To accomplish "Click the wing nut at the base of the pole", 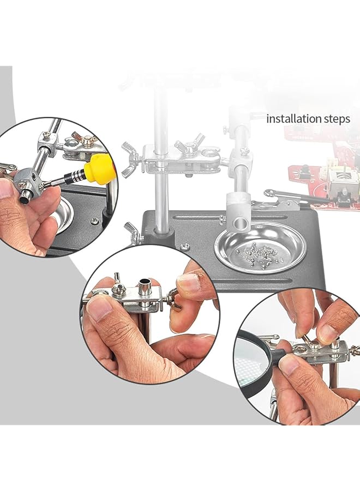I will click(x=131, y=232).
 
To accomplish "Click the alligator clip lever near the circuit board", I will click(x=284, y=195).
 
